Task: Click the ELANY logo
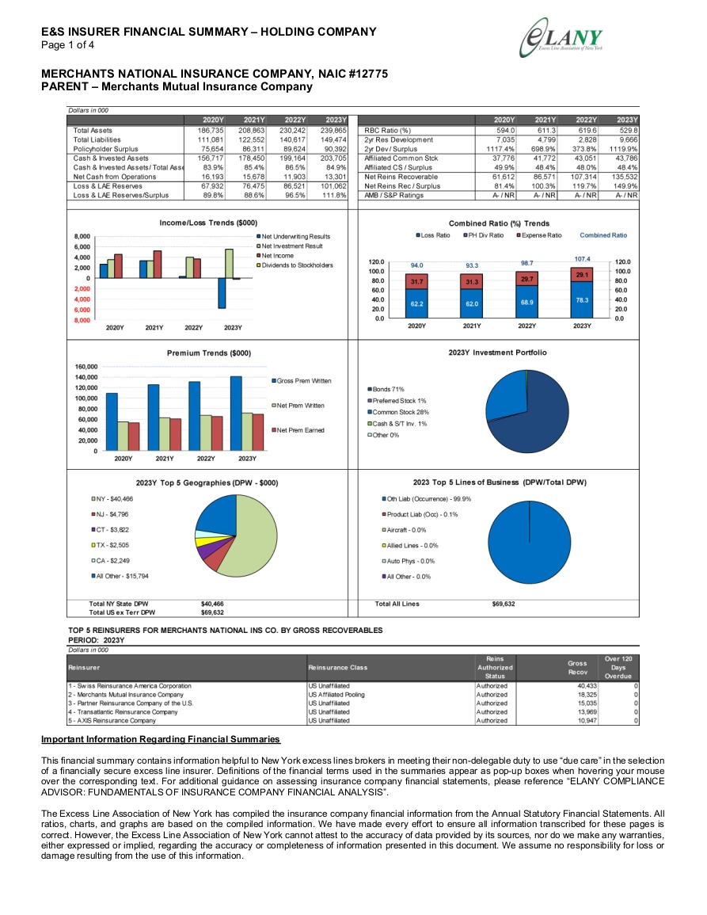tap(561, 38)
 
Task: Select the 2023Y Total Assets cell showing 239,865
tap(333, 131)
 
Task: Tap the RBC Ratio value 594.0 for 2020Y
tap(504, 131)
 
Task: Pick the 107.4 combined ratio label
tap(582, 258)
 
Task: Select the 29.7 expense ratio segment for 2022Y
tap(526, 279)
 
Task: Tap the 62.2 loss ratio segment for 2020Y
tap(416, 303)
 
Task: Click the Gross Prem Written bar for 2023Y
tap(236, 414)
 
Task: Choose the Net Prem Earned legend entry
tap(298, 430)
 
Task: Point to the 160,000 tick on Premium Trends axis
tap(86, 367)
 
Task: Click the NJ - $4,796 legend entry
tap(110, 514)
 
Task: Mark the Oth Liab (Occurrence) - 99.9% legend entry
tap(427, 499)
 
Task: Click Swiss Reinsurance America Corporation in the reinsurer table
tap(130, 686)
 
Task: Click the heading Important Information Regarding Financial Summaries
tap(161, 739)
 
